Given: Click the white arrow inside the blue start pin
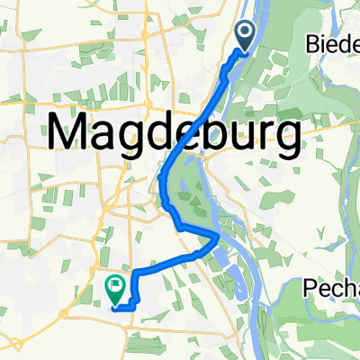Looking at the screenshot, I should point(246,34).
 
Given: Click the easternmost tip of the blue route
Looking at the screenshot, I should point(219,236).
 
